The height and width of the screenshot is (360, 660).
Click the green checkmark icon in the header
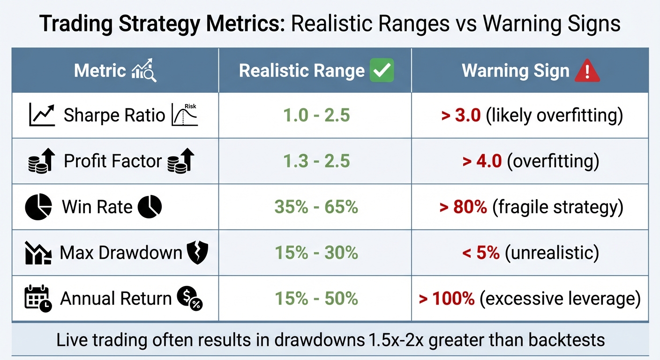[382, 71]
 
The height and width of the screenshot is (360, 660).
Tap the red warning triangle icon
[587, 71]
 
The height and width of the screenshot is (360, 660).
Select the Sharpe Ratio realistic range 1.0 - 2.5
[316, 115]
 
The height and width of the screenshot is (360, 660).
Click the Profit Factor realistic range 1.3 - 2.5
[316, 161]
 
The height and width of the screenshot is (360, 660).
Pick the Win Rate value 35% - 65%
[316, 207]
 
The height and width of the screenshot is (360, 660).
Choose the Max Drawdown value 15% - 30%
[316, 253]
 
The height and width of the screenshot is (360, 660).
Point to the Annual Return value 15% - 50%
[316, 299]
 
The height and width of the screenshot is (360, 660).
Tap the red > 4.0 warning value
[482, 161]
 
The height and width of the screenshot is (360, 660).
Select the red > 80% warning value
[463, 207]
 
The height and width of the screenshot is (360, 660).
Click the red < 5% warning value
[481, 253]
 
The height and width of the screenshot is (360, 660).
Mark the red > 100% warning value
[447, 299]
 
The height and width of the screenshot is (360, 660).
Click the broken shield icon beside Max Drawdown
[197, 253]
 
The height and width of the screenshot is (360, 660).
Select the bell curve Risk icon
[186, 115]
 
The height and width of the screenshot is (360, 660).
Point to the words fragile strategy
[558, 207]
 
